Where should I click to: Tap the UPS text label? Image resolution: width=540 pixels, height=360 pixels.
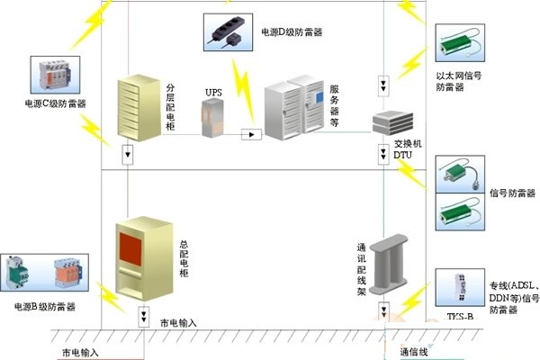tap(212, 92)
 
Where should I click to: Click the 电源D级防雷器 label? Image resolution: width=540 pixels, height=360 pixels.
tap(292, 33)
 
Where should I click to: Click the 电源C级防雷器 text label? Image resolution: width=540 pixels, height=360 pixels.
tap(56, 104)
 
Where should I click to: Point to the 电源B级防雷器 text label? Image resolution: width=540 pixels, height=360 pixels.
tap(44, 307)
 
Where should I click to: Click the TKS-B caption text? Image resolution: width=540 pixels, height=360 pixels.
tap(459, 316)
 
